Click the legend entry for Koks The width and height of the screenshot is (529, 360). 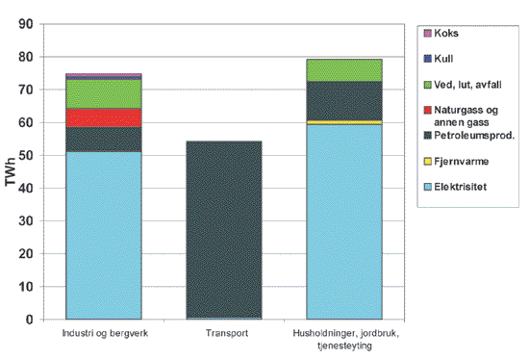[x=447, y=34]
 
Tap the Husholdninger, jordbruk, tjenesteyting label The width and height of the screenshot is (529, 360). [x=343, y=340]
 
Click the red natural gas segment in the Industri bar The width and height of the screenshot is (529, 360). [x=103, y=117]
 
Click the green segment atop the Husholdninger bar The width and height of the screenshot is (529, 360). [x=344, y=70]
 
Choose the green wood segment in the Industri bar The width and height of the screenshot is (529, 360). [x=103, y=93]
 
